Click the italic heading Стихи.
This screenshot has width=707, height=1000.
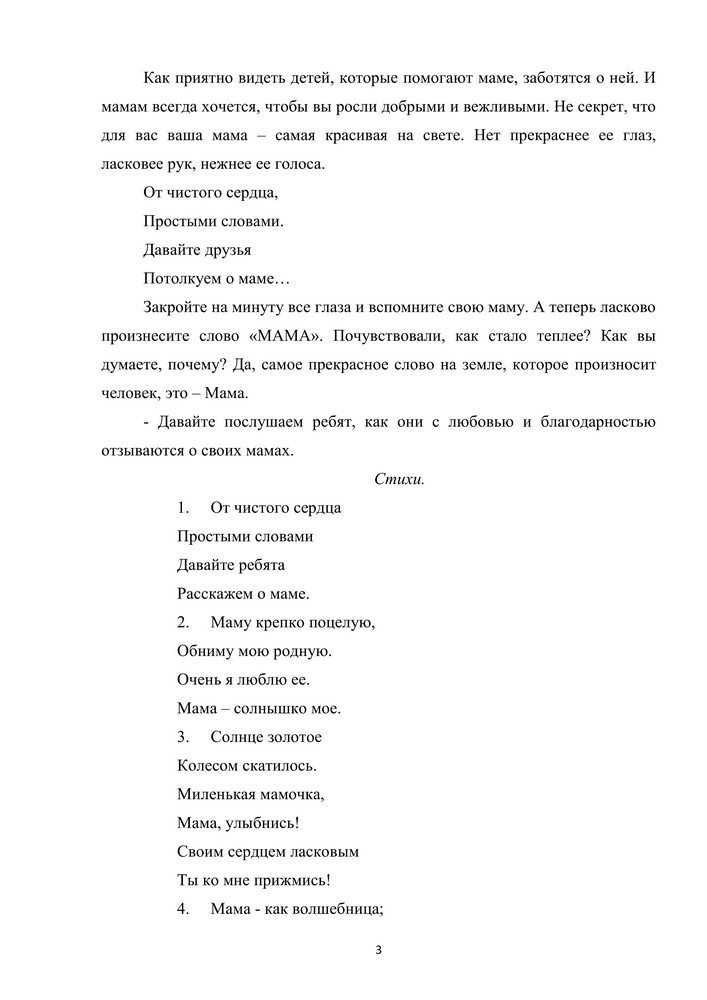click(x=399, y=479)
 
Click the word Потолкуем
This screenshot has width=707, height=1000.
click(x=181, y=278)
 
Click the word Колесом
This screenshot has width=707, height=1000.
click(x=207, y=767)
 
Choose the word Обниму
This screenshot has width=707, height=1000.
click(x=204, y=652)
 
